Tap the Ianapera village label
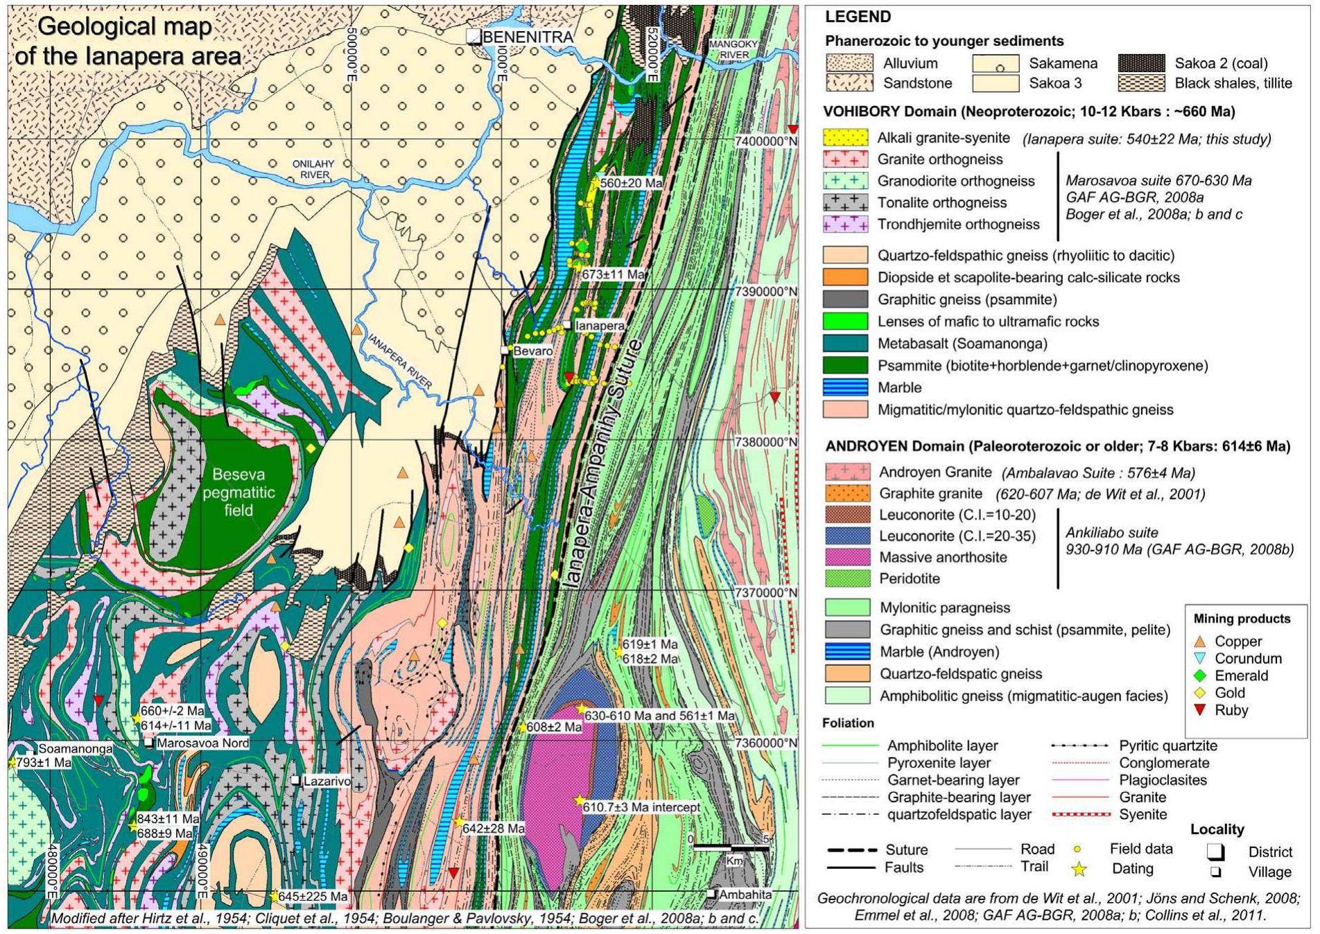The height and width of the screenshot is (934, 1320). click(x=599, y=326)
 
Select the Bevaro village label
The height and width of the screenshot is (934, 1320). click(x=532, y=351)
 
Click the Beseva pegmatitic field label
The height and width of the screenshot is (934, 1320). click(x=238, y=493)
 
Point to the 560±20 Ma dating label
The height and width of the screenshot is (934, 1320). click(x=630, y=183)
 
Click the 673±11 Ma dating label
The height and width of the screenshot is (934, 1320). click(x=613, y=274)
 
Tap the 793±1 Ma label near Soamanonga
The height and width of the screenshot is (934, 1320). click(x=43, y=763)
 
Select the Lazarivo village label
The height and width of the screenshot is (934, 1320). click(x=327, y=782)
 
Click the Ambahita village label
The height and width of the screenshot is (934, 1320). click(x=745, y=895)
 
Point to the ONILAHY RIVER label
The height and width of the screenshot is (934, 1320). click(x=313, y=169)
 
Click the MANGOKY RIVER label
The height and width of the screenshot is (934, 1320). click(x=733, y=49)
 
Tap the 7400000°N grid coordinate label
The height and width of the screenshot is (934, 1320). click(x=765, y=141)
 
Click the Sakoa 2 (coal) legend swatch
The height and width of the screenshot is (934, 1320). click(x=1141, y=63)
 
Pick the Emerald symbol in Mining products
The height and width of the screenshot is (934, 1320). click(x=1201, y=676)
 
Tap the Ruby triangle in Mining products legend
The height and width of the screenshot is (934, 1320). click(x=1201, y=710)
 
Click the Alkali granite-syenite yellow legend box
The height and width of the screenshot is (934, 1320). click(x=845, y=138)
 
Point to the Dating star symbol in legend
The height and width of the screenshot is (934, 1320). click(x=1079, y=869)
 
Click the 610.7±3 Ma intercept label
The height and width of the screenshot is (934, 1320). click(x=641, y=807)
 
